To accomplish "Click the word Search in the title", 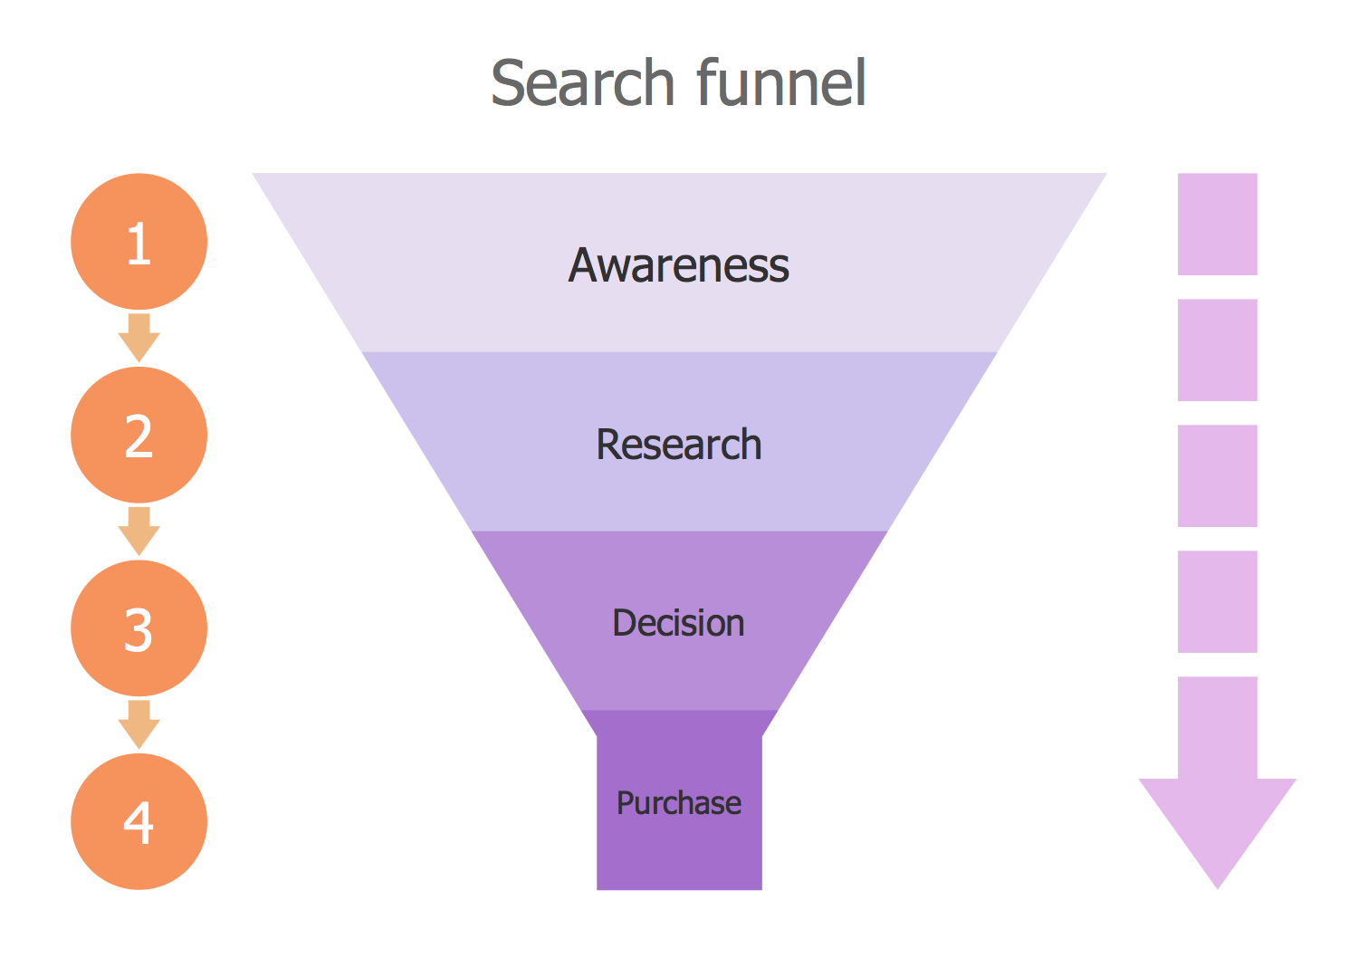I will pos(582,83).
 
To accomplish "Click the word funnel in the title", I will pos(781,83).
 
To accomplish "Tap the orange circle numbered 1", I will pos(139,242).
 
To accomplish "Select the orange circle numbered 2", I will pos(139,436).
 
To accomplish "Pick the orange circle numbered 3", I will pos(139,628).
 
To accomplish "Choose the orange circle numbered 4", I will pos(139,822).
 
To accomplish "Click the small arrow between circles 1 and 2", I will pos(139,338).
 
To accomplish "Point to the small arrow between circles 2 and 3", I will pos(139,531).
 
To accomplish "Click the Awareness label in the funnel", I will pos(679,265).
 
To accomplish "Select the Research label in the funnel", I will pos(679,445).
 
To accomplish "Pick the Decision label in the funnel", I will pos(679,623).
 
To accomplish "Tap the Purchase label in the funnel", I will pos(679,803).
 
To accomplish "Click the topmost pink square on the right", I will pos(1217,224).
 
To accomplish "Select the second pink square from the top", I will pos(1217,350).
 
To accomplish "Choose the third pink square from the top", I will pos(1217,475).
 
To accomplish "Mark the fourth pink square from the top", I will pos(1217,601).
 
